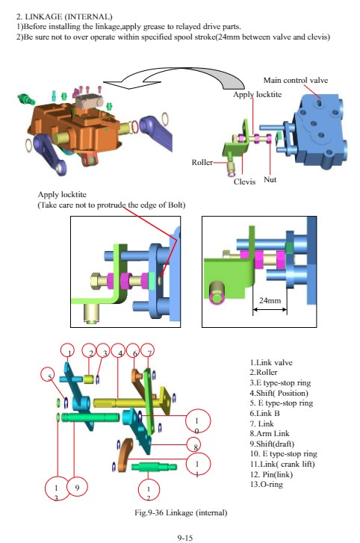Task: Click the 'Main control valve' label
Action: coord(295,81)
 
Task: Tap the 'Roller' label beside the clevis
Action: coord(202,162)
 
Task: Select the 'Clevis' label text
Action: coord(244,181)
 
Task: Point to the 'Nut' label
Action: coord(270,179)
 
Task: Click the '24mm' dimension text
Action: coord(270,300)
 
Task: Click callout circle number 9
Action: coord(77,488)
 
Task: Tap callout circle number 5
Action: coord(49,376)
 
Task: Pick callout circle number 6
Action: coord(134,352)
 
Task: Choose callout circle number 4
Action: coord(119,352)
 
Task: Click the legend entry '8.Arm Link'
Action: coord(270,433)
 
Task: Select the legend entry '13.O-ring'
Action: coord(266,484)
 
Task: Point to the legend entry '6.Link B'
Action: coord(265,413)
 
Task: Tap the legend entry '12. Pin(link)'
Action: coord(271,474)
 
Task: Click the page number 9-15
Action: coord(184,538)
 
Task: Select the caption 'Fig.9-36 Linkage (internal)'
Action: coord(181,512)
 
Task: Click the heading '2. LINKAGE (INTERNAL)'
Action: coord(64,16)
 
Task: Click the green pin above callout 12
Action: coord(154,467)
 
